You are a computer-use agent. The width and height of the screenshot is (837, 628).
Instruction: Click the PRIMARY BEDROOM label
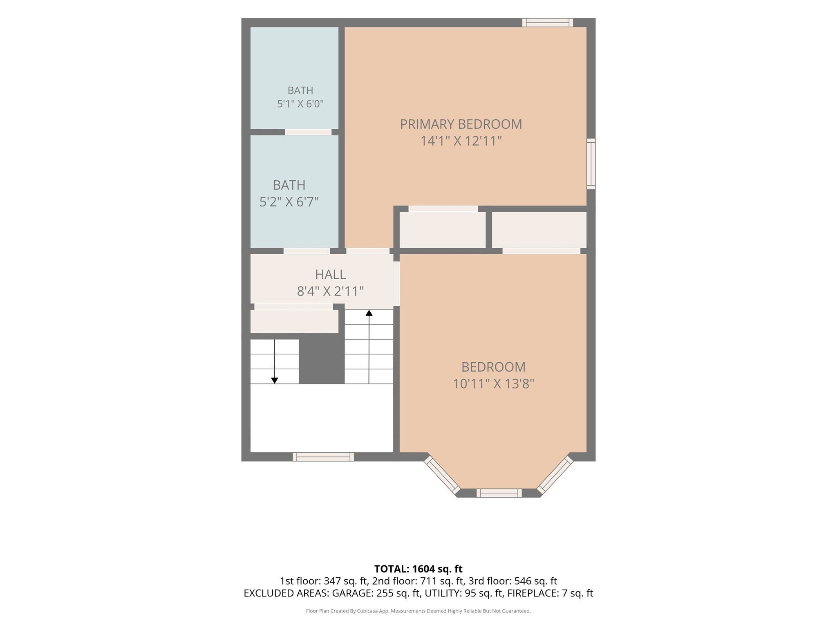(461, 124)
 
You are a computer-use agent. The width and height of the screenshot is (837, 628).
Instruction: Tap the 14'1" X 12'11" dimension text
(461, 141)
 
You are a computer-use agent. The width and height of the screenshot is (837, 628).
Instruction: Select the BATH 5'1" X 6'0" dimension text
(300, 103)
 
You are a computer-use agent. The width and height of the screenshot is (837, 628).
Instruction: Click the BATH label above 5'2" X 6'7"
(289, 185)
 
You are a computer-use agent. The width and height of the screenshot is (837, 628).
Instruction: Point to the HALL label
(330, 274)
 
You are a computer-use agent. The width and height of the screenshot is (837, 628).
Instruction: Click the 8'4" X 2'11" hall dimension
(330, 291)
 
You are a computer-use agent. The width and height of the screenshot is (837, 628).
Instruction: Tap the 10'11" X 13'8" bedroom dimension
(493, 384)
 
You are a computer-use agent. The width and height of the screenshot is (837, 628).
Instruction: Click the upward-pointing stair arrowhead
(369, 313)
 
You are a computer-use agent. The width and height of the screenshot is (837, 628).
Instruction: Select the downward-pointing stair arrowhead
(275, 381)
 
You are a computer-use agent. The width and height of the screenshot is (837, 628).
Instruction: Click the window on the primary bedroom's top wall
(548, 22)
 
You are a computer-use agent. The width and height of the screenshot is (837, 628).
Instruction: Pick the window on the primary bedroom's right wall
(591, 164)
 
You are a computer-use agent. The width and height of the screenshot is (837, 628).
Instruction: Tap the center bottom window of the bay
(499, 493)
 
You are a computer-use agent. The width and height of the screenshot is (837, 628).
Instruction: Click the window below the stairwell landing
(323, 457)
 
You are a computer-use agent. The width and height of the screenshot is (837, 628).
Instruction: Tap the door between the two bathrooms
(308, 132)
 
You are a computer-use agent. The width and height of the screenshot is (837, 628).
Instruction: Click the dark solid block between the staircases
(322, 361)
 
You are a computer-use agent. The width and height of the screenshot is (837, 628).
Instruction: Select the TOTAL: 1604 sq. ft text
(418, 569)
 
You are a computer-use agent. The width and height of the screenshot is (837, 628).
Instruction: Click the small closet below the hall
(294, 321)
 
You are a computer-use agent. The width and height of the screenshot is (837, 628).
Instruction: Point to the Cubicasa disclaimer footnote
(418, 611)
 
